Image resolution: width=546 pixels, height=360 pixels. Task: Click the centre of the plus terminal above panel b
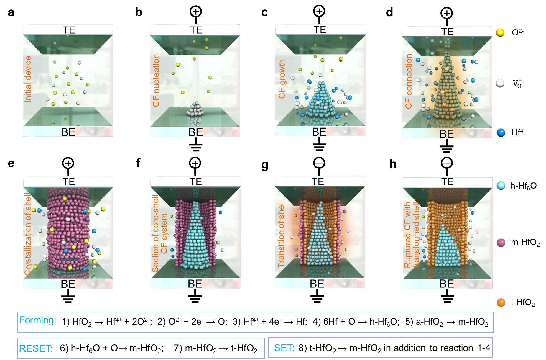[196, 12]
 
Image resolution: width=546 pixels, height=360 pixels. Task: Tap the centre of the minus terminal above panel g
[319, 163]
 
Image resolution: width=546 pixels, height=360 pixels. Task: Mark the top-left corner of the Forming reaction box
[17, 312]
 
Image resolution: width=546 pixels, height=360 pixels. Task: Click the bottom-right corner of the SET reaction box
[493, 358]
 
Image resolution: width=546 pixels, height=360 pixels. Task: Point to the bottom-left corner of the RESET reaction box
[17, 358]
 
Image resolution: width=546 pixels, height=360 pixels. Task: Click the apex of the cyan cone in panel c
[322, 82]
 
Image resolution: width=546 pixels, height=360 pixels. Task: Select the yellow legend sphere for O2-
[500, 32]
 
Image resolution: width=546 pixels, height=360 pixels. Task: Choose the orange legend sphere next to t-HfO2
[501, 302]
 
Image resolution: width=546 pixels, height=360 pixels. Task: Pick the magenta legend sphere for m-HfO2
[501, 243]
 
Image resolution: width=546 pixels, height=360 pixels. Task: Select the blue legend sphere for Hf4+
[501, 133]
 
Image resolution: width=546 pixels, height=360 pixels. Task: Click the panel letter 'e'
[11, 163]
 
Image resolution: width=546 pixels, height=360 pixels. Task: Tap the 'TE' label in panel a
[69, 30]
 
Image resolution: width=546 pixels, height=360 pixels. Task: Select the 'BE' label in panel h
[447, 284]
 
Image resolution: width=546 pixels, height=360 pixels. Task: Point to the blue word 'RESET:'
[36, 348]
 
